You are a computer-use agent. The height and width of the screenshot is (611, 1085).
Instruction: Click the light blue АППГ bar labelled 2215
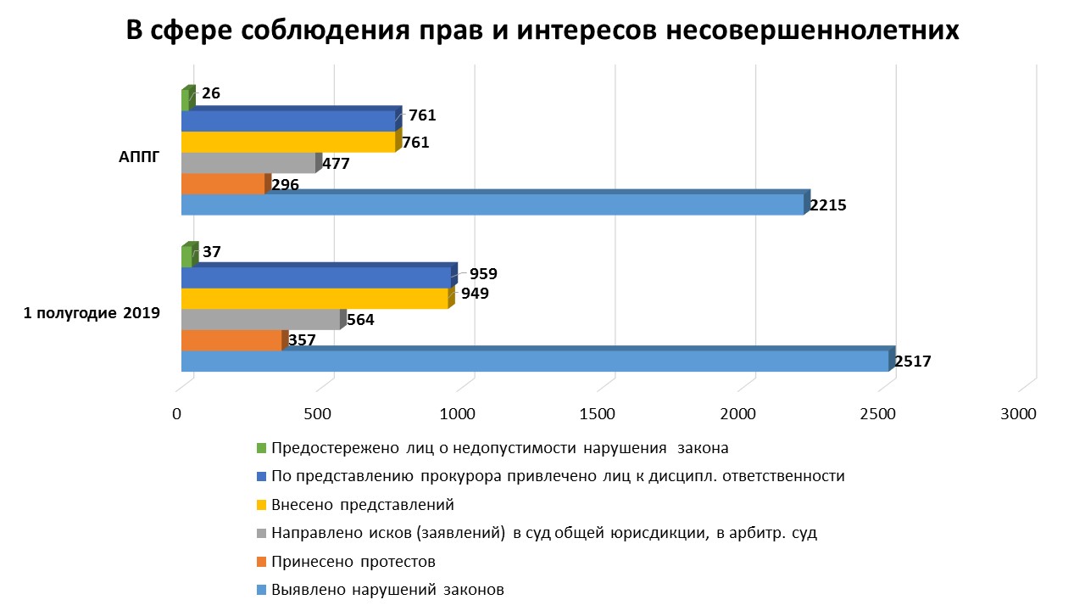(492, 205)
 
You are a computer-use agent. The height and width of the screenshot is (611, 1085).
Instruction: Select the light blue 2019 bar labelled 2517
(534, 361)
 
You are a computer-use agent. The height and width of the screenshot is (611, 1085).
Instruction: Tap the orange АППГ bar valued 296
(223, 184)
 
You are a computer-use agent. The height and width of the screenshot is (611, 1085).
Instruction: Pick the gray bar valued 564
(260, 319)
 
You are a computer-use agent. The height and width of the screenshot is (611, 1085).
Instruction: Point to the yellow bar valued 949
(314, 299)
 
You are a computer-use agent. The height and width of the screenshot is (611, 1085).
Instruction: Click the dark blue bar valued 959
(316, 277)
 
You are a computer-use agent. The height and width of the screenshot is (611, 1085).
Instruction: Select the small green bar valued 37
(186, 257)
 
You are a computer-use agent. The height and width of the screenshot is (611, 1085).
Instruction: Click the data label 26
(211, 94)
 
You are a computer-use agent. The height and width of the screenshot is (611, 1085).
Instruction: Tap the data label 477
(336, 163)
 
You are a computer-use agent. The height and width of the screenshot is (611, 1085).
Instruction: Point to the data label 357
(302, 340)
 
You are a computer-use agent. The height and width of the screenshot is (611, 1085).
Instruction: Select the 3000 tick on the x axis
(1017, 414)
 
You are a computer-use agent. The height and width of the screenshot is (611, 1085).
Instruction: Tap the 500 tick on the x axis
(317, 414)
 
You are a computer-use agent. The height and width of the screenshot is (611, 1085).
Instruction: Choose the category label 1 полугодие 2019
(92, 313)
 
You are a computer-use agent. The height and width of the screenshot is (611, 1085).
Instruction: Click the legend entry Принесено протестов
(353, 562)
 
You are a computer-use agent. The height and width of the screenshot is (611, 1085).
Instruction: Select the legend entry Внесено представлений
(363, 505)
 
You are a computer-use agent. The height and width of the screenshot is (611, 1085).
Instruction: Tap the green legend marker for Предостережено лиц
(261, 448)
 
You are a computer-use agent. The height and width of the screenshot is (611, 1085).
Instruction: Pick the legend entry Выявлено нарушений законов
(387, 590)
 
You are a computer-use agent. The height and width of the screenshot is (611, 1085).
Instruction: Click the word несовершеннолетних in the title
(813, 30)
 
